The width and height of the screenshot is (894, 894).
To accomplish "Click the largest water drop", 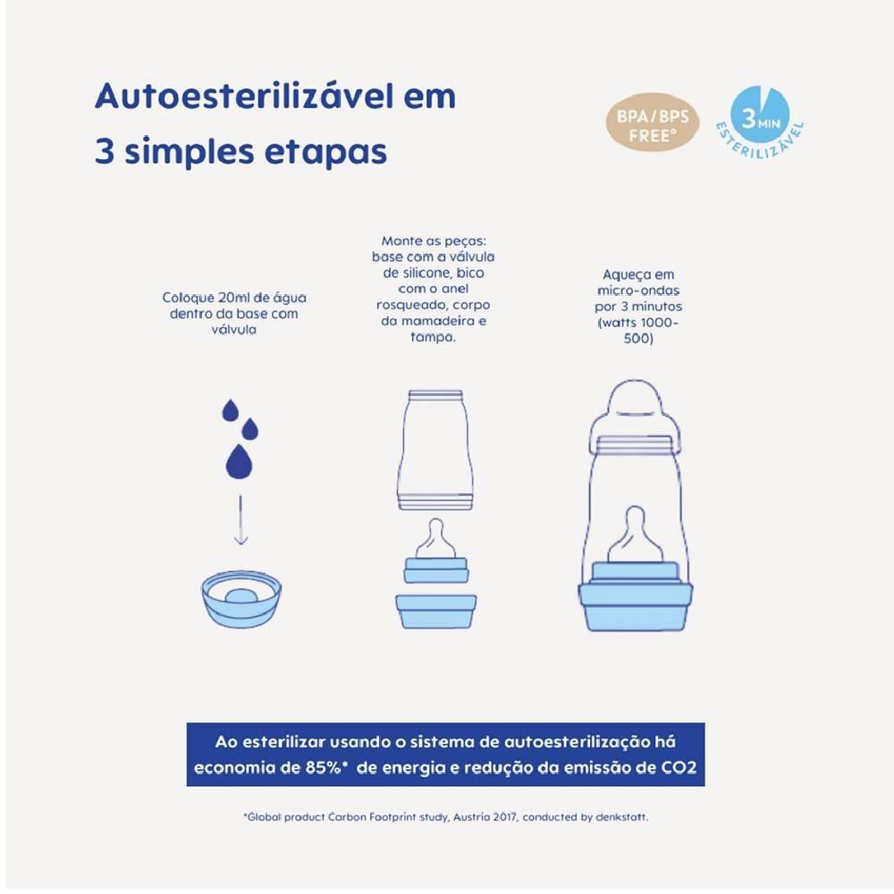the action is (x=239, y=461).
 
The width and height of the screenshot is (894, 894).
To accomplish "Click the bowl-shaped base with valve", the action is (x=241, y=599).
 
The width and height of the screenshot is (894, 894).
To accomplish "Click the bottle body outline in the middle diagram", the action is (x=436, y=451).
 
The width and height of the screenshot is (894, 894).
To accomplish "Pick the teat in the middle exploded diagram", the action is (x=435, y=539).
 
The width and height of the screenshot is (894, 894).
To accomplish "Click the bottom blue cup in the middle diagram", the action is (x=436, y=611).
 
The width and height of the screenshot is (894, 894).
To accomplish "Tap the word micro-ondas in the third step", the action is (x=638, y=291).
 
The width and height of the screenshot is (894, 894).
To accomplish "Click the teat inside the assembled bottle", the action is (x=635, y=535).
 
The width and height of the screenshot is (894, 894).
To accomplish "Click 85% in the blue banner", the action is (x=324, y=767).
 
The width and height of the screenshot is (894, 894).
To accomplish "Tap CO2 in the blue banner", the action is (x=679, y=767).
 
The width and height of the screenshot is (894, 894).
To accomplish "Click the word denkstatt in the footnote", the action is (x=621, y=817).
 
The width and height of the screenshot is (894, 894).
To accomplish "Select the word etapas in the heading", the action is (x=325, y=152).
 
